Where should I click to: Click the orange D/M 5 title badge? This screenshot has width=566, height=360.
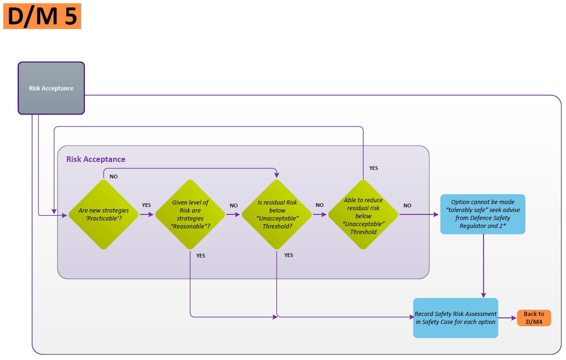(x=42, y=16)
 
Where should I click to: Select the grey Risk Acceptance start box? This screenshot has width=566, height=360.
(x=51, y=88)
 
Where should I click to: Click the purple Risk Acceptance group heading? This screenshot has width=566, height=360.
(x=96, y=159)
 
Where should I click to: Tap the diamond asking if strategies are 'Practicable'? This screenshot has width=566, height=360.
(x=104, y=214)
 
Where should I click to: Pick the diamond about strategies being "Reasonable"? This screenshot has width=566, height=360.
(x=190, y=214)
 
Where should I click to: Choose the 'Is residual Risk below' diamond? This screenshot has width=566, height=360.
(x=276, y=214)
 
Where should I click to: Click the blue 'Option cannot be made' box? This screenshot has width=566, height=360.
(x=483, y=214)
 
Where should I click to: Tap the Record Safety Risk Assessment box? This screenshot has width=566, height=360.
(x=455, y=318)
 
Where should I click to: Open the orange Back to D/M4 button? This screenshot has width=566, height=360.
(x=534, y=318)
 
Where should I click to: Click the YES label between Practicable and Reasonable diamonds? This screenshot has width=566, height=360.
(x=146, y=205)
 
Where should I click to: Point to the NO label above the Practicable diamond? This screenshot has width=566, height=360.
(x=113, y=176)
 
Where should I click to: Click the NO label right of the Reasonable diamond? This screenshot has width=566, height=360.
(x=233, y=206)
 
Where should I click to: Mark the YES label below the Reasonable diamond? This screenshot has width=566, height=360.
(x=201, y=256)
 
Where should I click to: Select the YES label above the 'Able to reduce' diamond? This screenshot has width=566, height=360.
(x=373, y=168)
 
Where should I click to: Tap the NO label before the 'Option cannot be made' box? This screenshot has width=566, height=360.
(x=407, y=206)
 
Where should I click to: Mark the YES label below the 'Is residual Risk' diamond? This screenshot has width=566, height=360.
(x=289, y=255)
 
